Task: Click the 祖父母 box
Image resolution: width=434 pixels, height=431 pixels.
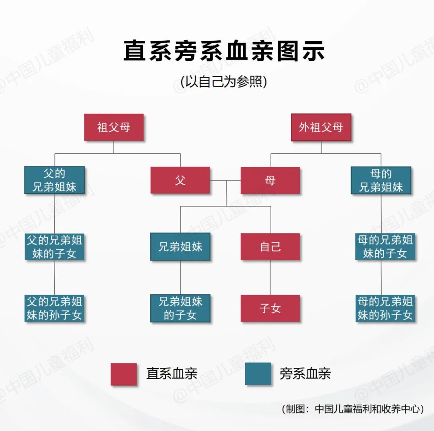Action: pyautogui.click(x=114, y=127)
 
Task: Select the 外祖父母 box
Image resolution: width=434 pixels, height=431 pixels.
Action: pyautogui.click(x=321, y=127)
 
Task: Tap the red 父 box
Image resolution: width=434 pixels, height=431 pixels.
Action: pyautogui.click(x=180, y=181)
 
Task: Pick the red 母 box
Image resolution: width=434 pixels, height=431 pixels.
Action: pyautogui.click(x=270, y=181)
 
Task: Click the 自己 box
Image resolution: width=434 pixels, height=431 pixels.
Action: pyautogui.click(x=270, y=246)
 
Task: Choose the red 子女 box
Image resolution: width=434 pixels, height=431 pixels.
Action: pyautogui.click(x=270, y=308)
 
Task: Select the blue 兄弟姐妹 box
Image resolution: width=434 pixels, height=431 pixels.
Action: pyautogui.click(x=180, y=246)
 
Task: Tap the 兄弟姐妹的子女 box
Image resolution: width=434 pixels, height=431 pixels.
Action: pyautogui.click(x=180, y=308)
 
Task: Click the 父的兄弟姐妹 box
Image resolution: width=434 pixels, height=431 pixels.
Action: pyautogui.click(x=55, y=180)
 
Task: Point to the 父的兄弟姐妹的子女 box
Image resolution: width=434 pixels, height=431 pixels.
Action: pyautogui.click(x=55, y=246)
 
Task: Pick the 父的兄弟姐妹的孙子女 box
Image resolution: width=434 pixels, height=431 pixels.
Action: pyautogui.click(x=55, y=308)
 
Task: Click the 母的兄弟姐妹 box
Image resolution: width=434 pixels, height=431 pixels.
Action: pyautogui.click(x=381, y=181)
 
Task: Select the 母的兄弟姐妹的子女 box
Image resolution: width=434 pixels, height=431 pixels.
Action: pyautogui.click(x=385, y=246)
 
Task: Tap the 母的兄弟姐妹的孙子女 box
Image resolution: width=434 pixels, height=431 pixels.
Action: pyautogui.click(x=385, y=308)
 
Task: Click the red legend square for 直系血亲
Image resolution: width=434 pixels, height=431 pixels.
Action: pyautogui.click(x=124, y=374)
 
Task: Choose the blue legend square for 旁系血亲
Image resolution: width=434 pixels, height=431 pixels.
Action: pyautogui.click(x=258, y=374)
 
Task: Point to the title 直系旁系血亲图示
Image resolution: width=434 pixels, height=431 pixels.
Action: pyautogui.click(x=224, y=51)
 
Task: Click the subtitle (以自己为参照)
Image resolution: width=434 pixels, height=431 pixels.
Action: pyautogui.click(x=224, y=82)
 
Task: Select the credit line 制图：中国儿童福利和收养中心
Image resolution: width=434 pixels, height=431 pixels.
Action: pyautogui.click(x=353, y=409)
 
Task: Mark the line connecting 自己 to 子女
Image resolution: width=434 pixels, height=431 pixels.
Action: pyautogui.click(x=270, y=277)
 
